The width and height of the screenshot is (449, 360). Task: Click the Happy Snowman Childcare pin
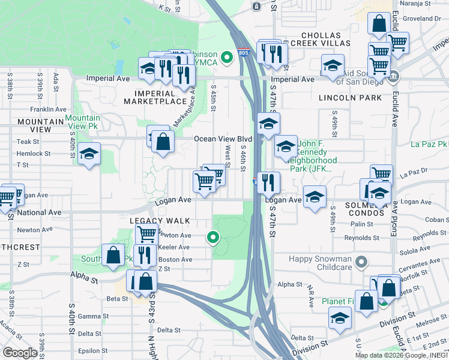(x=360, y=262)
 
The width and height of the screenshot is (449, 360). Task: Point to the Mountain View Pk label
(x=83, y=122)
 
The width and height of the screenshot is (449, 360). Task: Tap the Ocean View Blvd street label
(x=222, y=139)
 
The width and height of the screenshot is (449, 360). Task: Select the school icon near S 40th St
(x=89, y=154)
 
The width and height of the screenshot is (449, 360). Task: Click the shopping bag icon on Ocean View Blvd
(x=163, y=142)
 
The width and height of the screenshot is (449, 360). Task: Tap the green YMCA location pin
(x=226, y=58)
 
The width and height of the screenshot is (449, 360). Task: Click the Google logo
(x=20, y=353)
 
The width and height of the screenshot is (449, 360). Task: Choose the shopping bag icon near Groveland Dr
(x=379, y=25)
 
